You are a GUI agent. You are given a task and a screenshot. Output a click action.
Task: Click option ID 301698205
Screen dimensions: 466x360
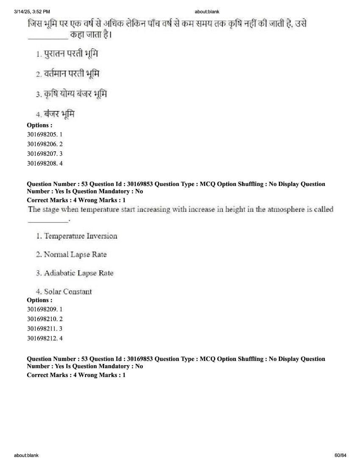tap(44, 134)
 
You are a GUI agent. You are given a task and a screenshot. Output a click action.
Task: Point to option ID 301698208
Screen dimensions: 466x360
tap(44, 163)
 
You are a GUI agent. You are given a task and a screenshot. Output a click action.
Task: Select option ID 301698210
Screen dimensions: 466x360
tap(44, 319)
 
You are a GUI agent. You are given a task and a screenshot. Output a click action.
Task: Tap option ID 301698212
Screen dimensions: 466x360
tap(44, 338)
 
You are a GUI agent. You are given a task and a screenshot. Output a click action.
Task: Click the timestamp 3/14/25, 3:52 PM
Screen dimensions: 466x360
tap(32, 11)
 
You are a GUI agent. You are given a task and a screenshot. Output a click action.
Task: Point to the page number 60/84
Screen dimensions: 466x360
tap(340, 455)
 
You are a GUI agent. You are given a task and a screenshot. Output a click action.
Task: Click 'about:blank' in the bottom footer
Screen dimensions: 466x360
tap(26, 455)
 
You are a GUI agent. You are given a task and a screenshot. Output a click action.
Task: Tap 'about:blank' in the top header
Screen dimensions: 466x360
tap(207, 11)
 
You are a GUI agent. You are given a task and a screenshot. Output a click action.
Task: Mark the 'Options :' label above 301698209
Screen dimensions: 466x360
tap(39, 300)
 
